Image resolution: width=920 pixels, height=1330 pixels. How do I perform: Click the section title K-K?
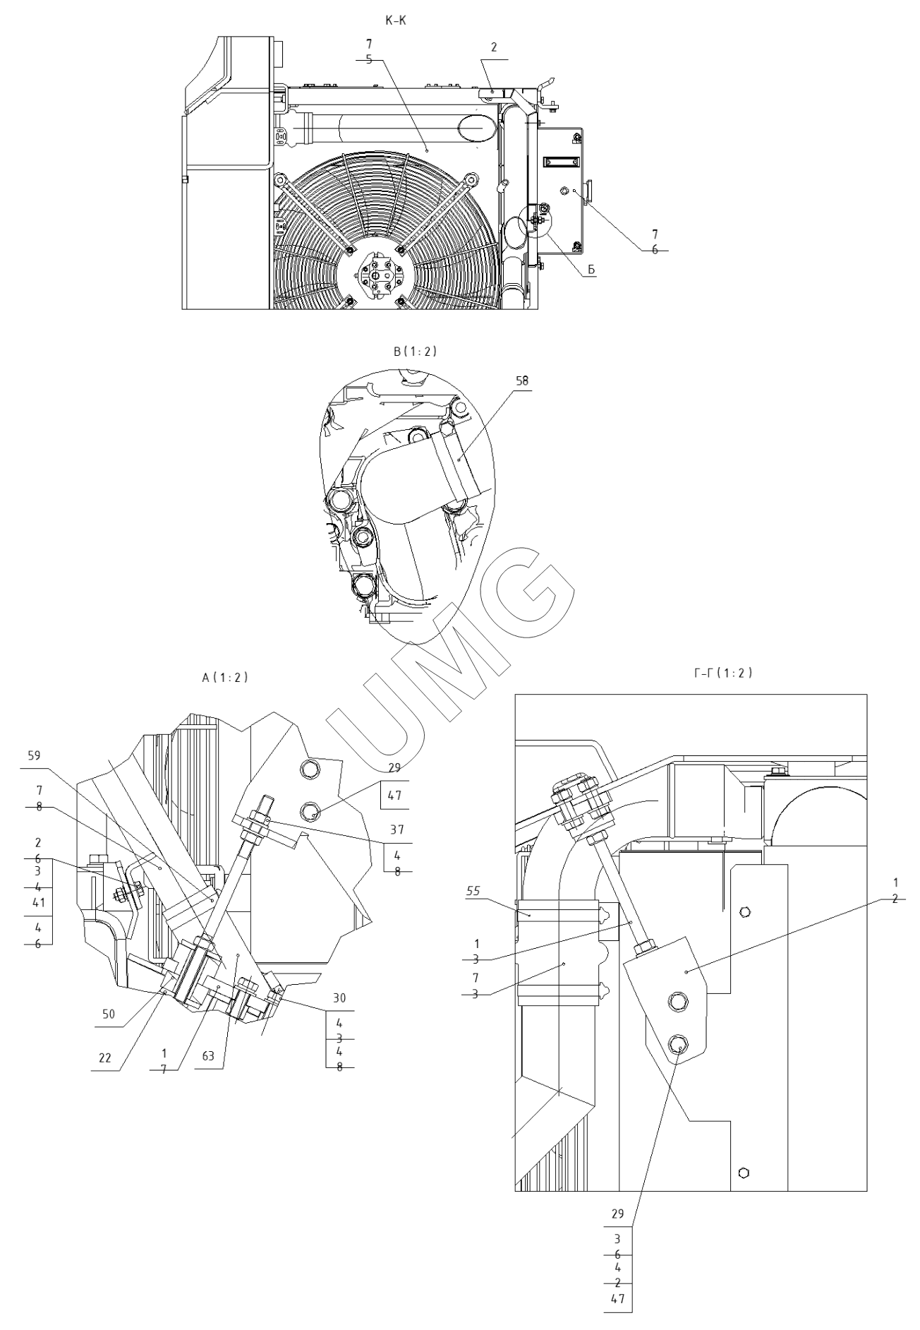click(x=395, y=21)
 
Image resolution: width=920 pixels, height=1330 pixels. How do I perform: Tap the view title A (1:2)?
click(x=225, y=677)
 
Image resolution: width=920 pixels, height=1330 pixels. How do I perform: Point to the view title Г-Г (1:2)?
click(x=723, y=673)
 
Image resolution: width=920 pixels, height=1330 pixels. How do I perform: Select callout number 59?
click(x=35, y=756)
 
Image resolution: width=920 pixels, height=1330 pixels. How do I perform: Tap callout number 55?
click(x=472, y=892)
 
